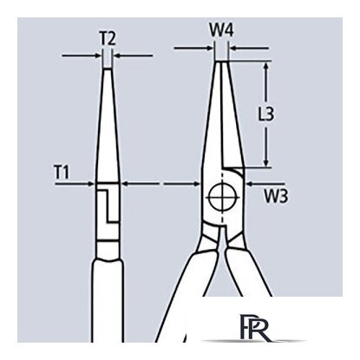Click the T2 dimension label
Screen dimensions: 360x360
108,39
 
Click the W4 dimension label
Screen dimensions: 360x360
221,30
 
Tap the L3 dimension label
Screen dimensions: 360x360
265,114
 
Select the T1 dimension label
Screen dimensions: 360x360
62,172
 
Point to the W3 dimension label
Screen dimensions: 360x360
276,196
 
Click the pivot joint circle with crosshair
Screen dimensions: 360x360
223,197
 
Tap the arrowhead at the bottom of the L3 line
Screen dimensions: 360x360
266,163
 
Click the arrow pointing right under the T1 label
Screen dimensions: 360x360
75,183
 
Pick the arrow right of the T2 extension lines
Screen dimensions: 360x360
133,55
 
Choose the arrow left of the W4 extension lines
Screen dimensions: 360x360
193,48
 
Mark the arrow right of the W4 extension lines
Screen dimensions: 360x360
250,48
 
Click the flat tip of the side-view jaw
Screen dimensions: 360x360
108,69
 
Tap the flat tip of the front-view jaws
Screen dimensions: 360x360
222,62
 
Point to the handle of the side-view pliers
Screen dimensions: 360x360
108,301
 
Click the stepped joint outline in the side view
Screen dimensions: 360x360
108,206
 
